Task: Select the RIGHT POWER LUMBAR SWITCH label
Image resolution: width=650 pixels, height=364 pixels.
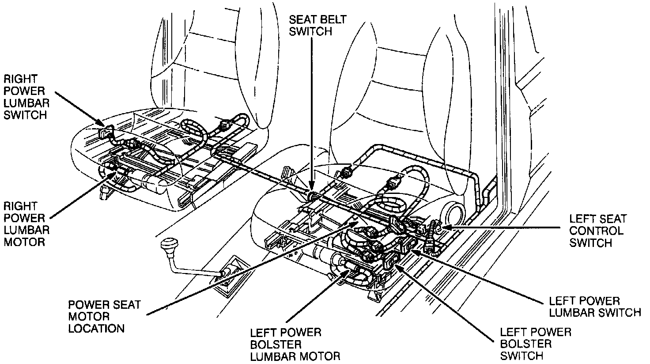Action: point(26,97)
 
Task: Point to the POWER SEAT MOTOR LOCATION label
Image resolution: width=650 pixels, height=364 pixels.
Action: point(104,316)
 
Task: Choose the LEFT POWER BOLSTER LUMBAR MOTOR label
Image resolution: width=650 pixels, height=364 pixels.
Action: point(295,344)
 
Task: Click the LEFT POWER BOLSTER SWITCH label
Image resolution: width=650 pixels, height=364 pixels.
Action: point(535,344)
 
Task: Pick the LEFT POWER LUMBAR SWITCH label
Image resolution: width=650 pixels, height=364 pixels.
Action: point(594,307)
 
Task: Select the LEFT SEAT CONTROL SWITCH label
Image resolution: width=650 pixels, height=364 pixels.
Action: point(597,231)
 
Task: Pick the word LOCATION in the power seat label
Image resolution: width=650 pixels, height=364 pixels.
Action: point(96,328)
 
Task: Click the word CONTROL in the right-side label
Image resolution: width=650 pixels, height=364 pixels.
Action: point(596,231)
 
